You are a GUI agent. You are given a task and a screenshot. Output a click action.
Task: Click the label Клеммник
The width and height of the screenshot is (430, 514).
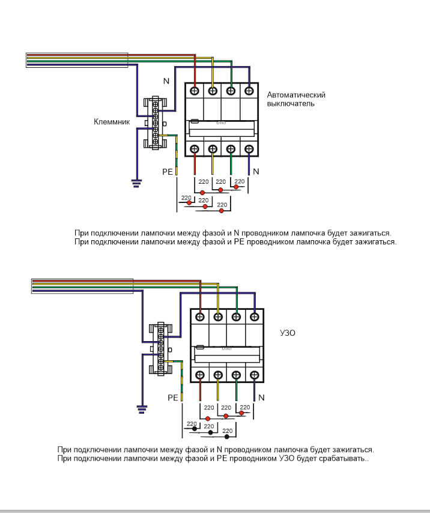(x=112, y=121)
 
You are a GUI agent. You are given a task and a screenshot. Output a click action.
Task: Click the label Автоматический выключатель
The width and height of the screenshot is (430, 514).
(x=296, y=99)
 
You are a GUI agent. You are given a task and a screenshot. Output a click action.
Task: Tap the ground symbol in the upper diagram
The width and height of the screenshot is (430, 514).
(x=136, y=183)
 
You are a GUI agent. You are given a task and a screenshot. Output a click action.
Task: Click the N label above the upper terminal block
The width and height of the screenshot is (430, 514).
(x=166, y=80)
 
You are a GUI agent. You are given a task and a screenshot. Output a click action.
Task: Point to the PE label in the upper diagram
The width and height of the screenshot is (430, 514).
(x=167, y=172)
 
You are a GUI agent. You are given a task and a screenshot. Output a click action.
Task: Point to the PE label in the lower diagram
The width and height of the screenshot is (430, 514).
(x=173, y=398)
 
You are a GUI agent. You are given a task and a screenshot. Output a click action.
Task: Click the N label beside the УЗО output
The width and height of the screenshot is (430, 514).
(x=262, y=398)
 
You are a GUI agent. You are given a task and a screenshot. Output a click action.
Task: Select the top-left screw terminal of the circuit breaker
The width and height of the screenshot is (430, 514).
(x=195, y=91)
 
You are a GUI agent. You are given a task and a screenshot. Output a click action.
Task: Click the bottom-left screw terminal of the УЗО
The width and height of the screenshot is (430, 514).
(x=200, y=376)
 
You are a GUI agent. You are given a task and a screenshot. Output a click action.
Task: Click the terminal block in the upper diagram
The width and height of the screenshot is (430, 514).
(x=155, y=122)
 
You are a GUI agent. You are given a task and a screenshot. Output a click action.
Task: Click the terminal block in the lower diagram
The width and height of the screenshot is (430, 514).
(x=160, y=348)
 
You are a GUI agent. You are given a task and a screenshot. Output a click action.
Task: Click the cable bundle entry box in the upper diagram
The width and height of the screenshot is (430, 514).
(x=76, y=59)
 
